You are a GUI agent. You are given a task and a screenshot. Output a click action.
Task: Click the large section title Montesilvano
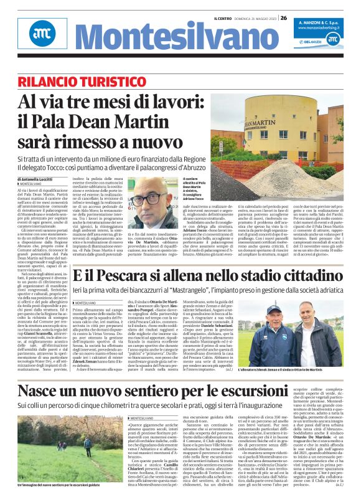pos(169,39)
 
